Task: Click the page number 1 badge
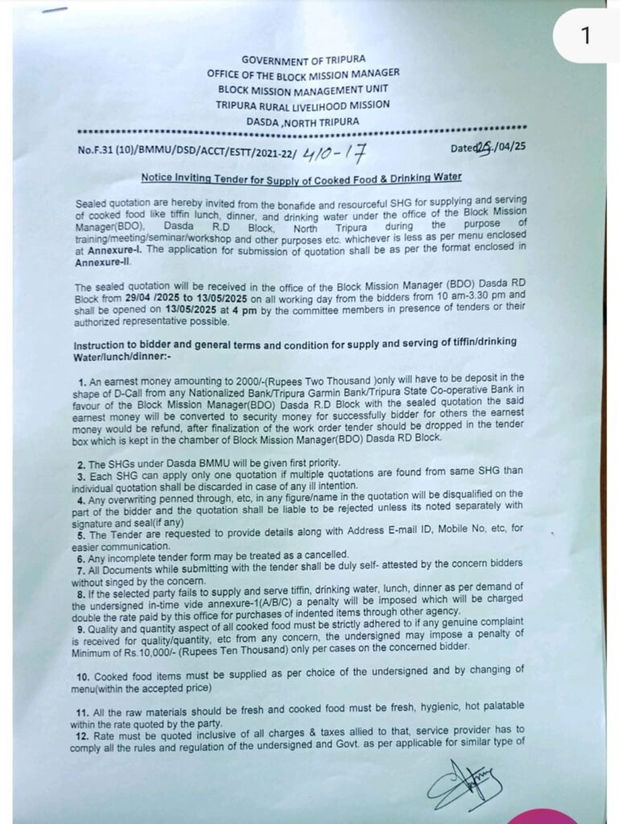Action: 585,36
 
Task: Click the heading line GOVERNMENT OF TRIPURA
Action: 303,60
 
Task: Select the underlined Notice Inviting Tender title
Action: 301,176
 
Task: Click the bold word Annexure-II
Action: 103,262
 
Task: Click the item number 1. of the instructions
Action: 83,377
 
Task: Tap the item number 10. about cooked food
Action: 85,669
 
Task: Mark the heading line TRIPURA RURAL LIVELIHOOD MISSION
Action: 303,105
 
